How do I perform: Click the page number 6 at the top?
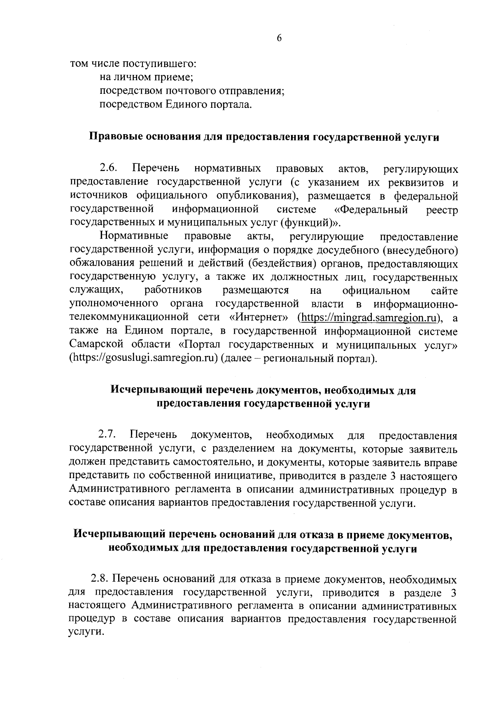279,38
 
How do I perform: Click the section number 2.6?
109,168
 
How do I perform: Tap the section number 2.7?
108,435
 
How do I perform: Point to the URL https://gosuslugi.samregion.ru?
144,358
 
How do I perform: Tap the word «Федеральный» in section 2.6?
371,209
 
